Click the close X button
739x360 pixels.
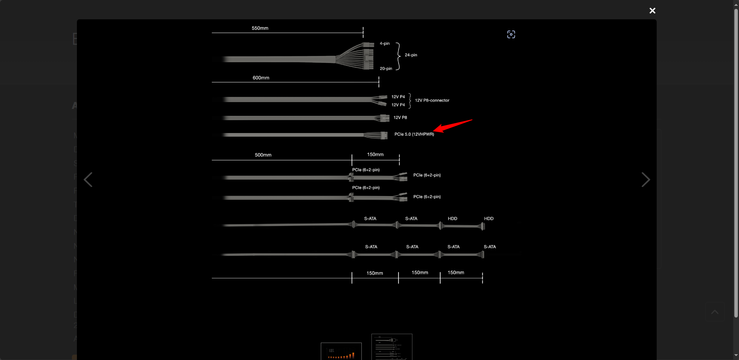[x=652, y=11]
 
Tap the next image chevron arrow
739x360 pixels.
[x=646, y=180]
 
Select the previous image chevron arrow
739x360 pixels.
[x=88, y=180]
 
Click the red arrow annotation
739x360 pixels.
[x=453, y=126]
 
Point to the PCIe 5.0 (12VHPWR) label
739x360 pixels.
[x=414, y=134]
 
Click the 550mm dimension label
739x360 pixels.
[x=260, y=28]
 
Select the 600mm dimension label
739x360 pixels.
[x=261, y=78]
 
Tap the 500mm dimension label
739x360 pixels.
[x=263, y=155]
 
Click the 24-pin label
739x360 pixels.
[x=411, y=55]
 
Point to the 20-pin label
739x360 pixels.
[x=386, y=69]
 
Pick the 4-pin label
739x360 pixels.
[x=385, y=44]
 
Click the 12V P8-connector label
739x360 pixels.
[x=432, y=100]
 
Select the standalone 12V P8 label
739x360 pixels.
[x=400, y=117]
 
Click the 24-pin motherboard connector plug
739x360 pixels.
[x=368, y=56]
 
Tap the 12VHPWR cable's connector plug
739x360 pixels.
[x=384, y=135]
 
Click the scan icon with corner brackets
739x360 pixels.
[x=511, y=34]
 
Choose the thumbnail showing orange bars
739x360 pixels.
[x=341, y=351]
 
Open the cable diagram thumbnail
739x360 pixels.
[x=392, y=347]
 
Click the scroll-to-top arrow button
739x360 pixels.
[x=715, y=312]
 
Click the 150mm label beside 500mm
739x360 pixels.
[x=375, y=155]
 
